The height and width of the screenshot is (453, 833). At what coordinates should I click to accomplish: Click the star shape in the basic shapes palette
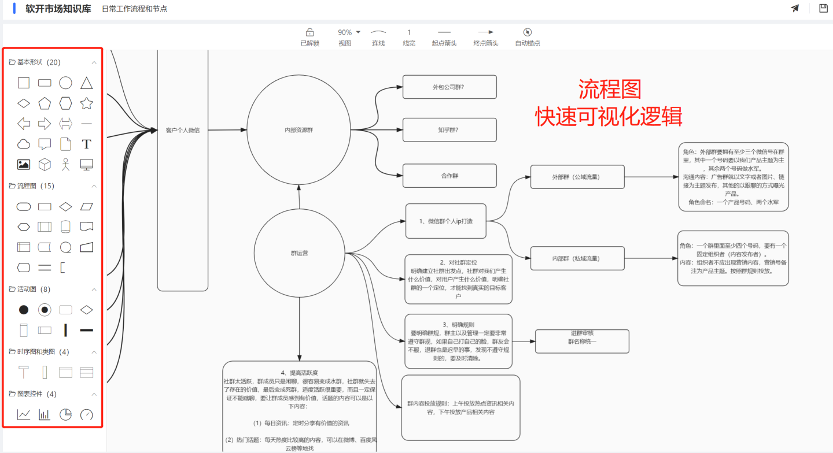click(86, 104)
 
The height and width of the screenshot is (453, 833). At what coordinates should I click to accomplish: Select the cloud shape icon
click(24, 144)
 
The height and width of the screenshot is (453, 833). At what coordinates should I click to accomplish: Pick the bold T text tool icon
click(86, 144)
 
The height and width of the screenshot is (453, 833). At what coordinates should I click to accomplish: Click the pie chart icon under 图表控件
click(65, 414)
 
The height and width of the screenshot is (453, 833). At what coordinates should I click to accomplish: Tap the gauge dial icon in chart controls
click(86, 414)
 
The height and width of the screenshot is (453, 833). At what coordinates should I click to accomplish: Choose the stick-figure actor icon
click(65, 165)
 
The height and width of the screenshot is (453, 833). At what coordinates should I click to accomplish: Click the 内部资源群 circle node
click(298, 130)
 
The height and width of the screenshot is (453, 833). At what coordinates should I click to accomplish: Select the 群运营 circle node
click(299, 253)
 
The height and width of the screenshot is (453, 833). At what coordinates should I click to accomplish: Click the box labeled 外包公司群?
click(449, 87)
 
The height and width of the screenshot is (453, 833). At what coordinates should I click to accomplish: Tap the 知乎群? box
click(449, 130)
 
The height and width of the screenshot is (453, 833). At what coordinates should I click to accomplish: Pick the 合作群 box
click(449, 176)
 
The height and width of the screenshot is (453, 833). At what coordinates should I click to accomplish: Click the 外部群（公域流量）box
click(577, 177)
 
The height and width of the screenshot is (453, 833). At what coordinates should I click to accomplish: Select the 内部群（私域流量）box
click(577, 258)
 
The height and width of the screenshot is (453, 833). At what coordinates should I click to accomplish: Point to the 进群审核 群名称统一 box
click(582, 341)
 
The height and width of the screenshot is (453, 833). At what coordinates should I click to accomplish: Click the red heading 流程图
click(610, 90)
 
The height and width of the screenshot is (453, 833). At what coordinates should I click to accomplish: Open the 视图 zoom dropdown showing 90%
click(349, 32)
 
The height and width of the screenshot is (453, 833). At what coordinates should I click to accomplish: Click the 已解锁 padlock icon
click(309, 32)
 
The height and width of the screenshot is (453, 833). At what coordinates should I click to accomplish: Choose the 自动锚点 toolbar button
click(527, 32)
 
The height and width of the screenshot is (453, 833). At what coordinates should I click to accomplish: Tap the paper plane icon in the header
click(795, 8)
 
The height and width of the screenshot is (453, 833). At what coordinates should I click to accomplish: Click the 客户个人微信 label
click(182, 130)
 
